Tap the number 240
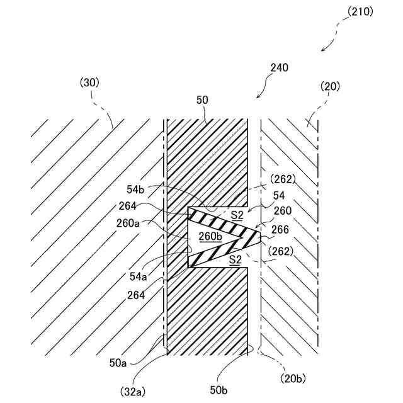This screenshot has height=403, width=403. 279,67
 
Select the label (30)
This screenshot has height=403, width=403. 89,82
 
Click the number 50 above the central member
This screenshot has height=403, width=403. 202,99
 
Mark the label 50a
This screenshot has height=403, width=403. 118,363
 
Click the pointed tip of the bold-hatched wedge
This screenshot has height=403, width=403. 261,237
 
